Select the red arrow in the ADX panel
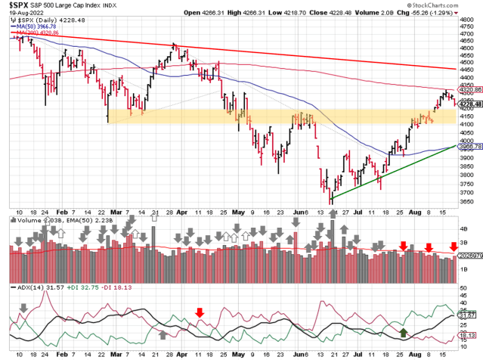(x=200, y=311)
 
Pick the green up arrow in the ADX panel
(x=404, y=331)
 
